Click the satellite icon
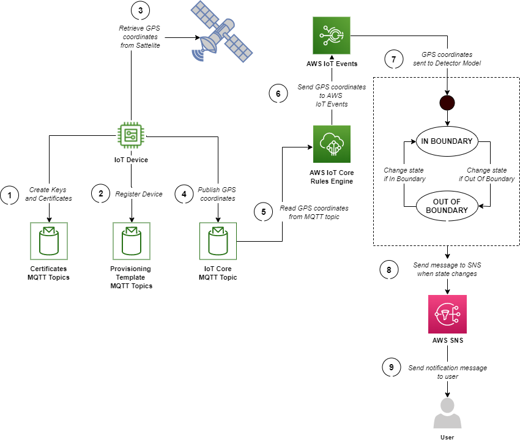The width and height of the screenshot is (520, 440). (221, 32)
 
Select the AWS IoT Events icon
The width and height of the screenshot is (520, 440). (331, 35)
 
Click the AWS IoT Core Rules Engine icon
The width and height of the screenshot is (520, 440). (331, 144)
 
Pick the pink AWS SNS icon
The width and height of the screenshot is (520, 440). (447, 314)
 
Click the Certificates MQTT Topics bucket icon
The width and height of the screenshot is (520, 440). (49, 241)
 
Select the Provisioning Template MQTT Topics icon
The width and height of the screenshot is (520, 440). (132, 241)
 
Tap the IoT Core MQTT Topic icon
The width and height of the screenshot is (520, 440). (218, 241)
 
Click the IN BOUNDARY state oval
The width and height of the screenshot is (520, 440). (447, 141)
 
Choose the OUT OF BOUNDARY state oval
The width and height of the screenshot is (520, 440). (447, 206)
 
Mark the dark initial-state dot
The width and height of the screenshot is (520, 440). (447, 102)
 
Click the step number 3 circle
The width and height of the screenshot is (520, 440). (140, 10)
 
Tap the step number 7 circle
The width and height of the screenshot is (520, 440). (394, 59)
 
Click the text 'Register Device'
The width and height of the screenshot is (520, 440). (139, 194)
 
